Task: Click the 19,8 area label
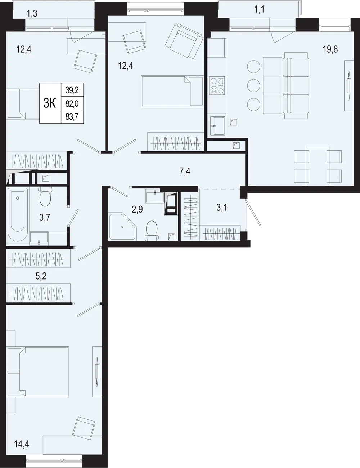330,49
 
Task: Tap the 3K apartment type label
50,103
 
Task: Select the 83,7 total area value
72,117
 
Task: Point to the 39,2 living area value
72,90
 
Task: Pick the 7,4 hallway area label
185,171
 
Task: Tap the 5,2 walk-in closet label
41,276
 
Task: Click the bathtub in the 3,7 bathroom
17,214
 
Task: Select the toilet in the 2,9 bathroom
152,231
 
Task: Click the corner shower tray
123,226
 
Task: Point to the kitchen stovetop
217,85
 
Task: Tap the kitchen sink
217,126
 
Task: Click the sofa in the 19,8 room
295,85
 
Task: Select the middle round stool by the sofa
254,85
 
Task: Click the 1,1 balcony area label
259,10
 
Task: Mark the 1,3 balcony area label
32,14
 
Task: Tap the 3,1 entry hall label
222,208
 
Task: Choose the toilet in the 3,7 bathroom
45,196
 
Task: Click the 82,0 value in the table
72,104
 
